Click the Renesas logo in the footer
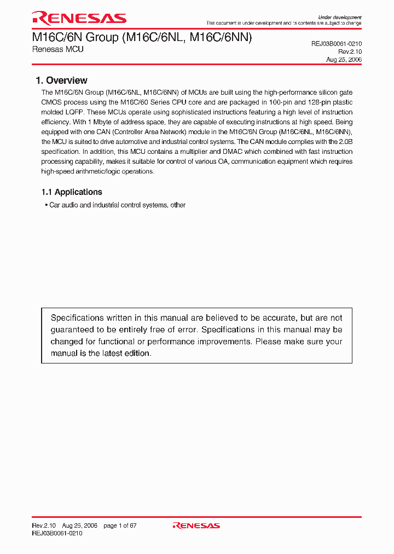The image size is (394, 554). pos(196,526)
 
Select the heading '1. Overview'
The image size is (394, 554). pos(61,80)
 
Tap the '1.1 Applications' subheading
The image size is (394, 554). pos(72,192)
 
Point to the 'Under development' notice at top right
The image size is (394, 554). pos(340,18)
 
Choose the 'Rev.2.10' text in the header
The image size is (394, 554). pos(350,51)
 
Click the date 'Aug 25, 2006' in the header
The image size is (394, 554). pos(344,60)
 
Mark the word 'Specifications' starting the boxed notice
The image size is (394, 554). pos(77,318)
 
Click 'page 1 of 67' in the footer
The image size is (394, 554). pos(120,526)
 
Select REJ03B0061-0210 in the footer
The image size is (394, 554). pos(57,533)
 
